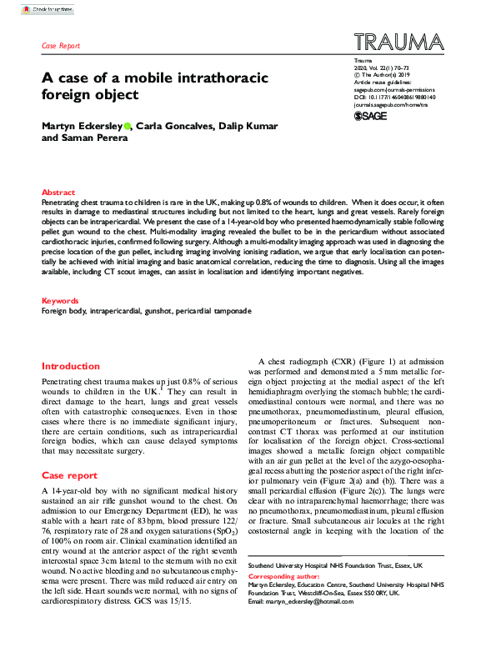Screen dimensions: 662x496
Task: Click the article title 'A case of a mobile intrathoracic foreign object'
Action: [155, 86]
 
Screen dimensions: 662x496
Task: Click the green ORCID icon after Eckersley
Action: [128, 126]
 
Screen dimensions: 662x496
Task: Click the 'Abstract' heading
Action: [58, 192]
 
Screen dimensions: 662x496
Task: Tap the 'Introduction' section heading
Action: [70, 366]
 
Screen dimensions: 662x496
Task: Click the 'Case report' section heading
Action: [69, 475]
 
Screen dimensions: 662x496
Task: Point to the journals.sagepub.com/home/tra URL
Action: [389, 105]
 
